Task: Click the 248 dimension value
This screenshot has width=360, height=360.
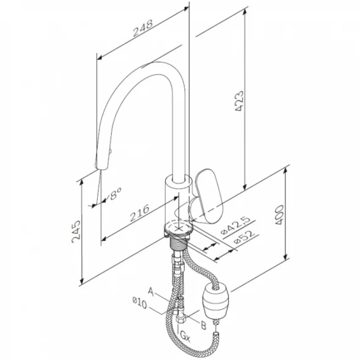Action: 142,28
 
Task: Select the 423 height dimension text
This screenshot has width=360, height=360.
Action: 239,101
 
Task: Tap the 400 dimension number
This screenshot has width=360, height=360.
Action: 279,215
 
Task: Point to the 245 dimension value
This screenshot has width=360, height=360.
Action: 76,232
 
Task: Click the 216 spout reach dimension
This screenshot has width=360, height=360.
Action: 139,213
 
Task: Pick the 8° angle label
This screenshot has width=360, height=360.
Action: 115,194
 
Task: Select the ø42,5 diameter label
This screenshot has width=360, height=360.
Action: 235,226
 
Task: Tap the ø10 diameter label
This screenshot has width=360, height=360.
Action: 140,303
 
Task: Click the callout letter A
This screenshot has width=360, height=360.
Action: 150,292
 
